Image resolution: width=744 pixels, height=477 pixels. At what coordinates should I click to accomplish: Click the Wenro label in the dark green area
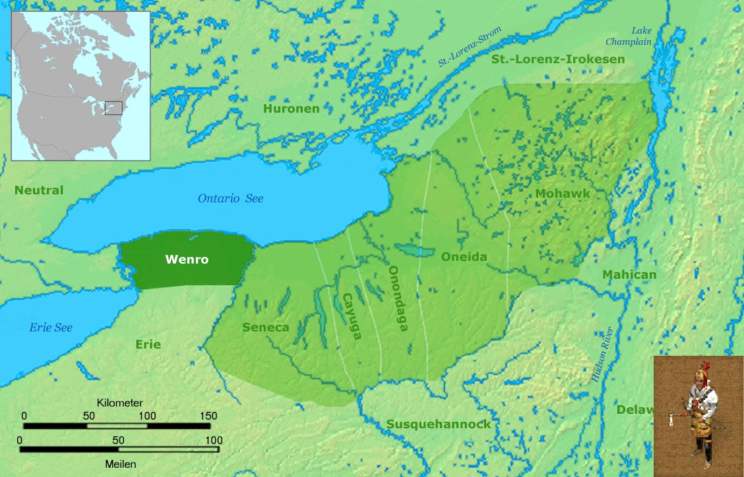[x=187, y=260]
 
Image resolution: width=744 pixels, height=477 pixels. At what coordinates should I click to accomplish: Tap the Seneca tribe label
[x=265, y=327]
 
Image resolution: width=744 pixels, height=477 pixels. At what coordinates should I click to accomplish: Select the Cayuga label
[x=351, y=316]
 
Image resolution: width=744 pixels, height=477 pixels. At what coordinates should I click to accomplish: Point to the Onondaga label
[x=397, y=298]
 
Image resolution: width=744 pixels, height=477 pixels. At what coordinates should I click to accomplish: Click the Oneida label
[x=464, y=258]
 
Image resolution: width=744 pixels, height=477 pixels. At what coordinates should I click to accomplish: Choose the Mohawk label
[x=563, y=194]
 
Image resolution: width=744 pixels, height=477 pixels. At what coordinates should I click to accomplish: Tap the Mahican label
[x=629, y=275]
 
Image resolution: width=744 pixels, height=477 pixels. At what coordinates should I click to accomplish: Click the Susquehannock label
[x=439, y=424]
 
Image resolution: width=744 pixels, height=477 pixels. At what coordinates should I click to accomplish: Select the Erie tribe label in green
[x=148, y=345]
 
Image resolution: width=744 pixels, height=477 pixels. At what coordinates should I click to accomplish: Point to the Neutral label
[x=39, y=190]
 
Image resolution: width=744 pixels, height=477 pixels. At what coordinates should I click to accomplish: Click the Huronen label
[x=291, y=108]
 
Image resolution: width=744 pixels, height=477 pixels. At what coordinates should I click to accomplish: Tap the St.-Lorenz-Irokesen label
[x=557, y=59]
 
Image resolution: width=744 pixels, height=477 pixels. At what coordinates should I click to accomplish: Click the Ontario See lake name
[x=230, y=198]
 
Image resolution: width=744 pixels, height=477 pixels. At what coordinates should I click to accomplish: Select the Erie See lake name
[x=51, y=327]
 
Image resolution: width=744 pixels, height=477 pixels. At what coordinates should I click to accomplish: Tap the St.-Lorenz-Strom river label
[x=470, y=47]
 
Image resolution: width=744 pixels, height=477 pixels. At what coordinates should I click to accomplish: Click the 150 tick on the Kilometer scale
[x=208, y=416]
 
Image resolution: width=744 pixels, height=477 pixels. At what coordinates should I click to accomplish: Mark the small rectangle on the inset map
[x=113, y=107]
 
